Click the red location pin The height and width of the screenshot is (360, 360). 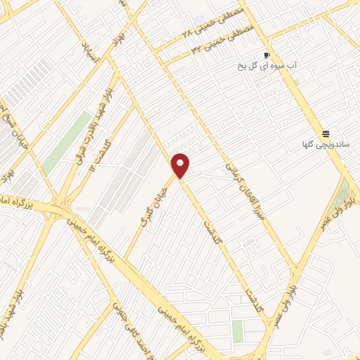(x=181, y=165)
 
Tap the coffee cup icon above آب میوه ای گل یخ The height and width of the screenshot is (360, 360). (x=266, y=55)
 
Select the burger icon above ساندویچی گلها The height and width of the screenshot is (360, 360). (x=326, y=134)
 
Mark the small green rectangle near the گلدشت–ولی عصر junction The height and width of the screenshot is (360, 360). (x=237, y=330)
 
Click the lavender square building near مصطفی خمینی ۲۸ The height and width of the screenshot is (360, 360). (x=199, y=19)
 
